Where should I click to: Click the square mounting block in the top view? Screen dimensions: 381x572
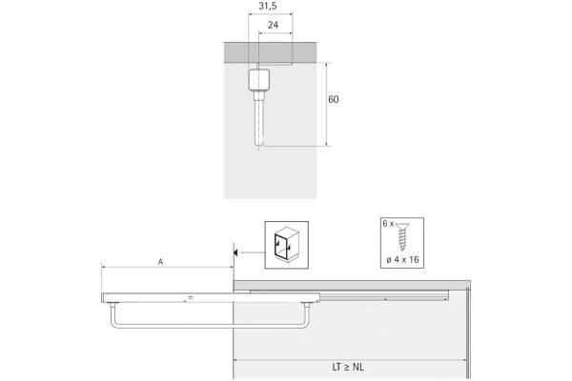coord(258,78)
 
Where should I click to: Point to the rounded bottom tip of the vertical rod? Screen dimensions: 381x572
coord(258,144)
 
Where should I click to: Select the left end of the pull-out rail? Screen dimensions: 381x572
coord(103,299)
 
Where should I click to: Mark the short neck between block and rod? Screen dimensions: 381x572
coord(258,94)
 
